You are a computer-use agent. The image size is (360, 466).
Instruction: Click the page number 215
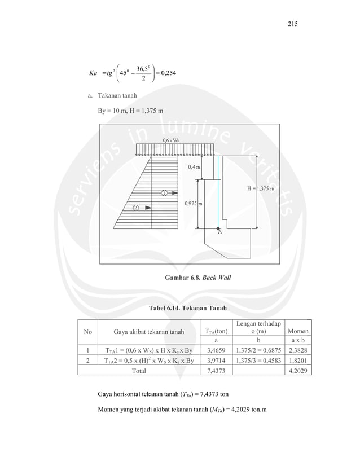point(292,24)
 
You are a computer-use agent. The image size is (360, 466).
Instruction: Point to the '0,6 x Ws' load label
point(172,140)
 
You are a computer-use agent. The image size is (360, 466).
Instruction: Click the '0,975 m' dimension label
point(194,203)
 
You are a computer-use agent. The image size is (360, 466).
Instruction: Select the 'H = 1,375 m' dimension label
point(261,188)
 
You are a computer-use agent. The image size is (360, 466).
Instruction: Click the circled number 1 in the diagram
point(164,192)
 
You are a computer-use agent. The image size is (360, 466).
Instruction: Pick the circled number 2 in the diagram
point(135,208)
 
